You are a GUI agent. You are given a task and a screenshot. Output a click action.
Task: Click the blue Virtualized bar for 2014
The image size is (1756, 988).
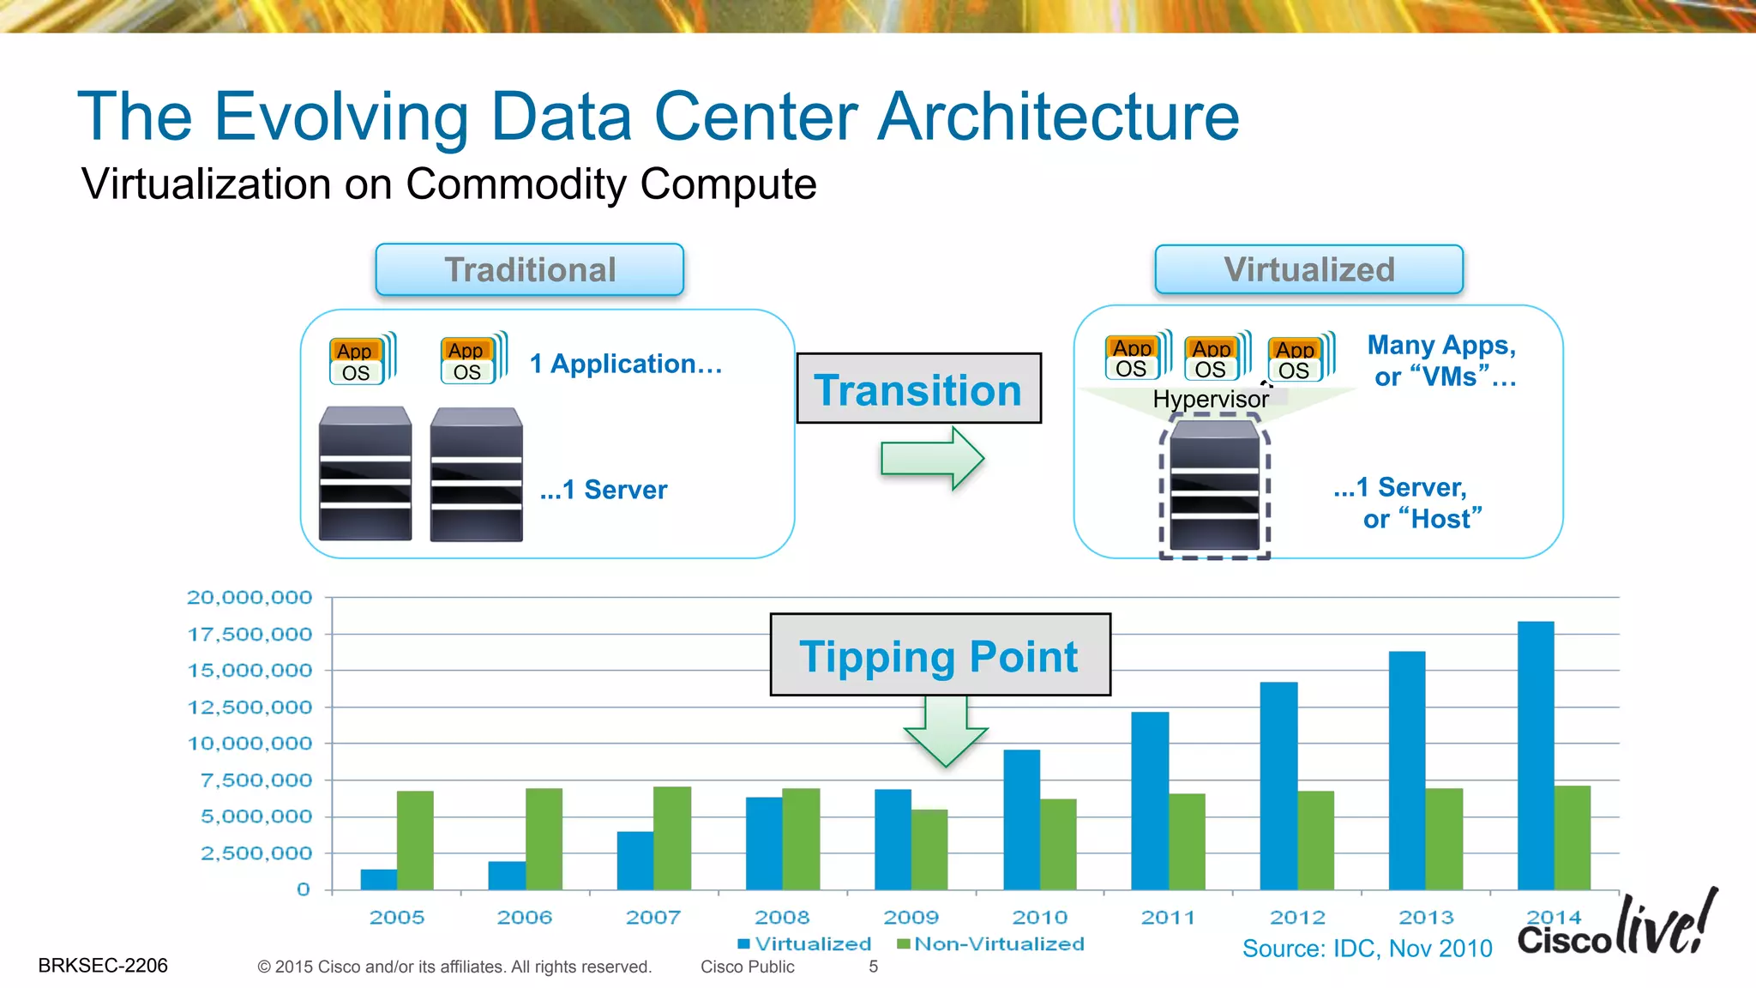click(x=1535, y=755)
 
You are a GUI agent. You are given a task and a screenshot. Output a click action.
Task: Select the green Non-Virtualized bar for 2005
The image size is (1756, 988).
click(x=415, y=840)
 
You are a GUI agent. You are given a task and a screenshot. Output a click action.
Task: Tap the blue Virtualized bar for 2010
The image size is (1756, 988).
click(x=1021, y=819)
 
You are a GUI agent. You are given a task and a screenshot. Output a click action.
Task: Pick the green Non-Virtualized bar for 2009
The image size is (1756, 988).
click(x=929, y=849)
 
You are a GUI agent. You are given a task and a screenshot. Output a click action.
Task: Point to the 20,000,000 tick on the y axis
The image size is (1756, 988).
click(x=250, y=597)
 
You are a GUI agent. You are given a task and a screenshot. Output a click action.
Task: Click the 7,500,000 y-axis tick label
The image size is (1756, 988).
click(x=256, y=780)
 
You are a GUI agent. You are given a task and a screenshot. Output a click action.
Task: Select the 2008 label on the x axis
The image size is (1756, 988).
click(x=782, y=918)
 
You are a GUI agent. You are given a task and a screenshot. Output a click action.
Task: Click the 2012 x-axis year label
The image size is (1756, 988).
click(x=1297, y=918)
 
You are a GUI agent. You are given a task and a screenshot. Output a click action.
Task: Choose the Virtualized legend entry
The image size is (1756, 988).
click(x=804, y=944)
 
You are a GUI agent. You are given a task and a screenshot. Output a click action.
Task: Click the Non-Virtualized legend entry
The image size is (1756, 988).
click(x=990, y=944)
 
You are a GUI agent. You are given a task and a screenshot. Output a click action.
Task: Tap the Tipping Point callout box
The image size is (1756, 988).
click(x=940, y=654)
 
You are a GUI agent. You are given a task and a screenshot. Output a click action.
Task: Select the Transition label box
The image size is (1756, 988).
click(x=918, y=389)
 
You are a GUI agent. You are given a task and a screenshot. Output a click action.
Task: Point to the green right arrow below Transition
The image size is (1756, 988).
click(x=932, y=458)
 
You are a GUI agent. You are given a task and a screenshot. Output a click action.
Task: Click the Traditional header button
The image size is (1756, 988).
click(x=529, y=269)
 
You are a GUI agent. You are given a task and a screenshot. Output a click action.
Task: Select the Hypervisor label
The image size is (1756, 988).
click(x=1210, y=400)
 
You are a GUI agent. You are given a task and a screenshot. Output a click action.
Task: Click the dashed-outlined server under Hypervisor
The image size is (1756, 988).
click(x=1214, y=485)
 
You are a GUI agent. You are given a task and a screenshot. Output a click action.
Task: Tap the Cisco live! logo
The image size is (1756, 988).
click(x=1617, y=926)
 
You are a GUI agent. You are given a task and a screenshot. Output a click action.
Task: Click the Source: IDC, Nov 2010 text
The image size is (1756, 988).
click(x=1367, y=949)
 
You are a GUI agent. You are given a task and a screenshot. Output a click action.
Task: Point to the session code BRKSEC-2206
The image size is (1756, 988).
click(x=103, y=966)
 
